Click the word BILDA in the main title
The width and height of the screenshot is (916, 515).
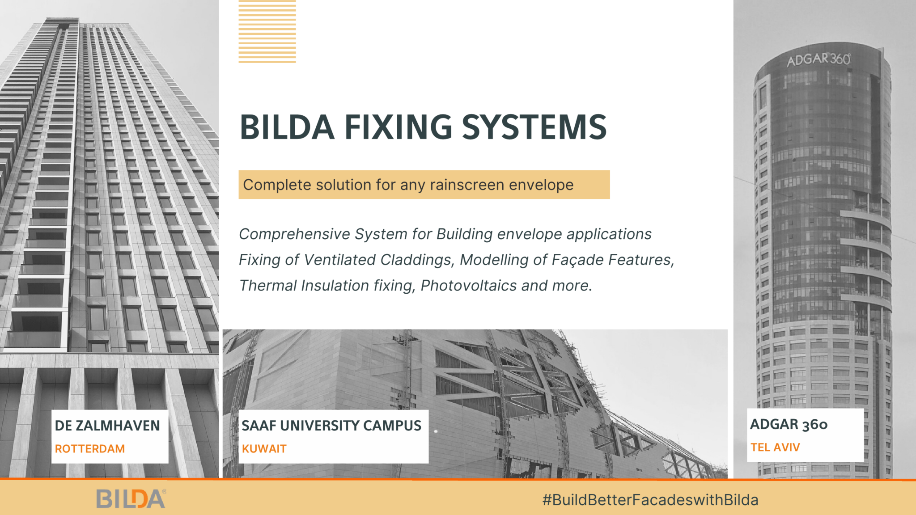[x=287, y=127]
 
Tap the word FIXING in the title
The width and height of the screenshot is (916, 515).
[x=398, y=127]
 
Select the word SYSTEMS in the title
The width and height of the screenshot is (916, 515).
[x=534, y=127]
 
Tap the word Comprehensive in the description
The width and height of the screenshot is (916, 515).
[x=294, y=234]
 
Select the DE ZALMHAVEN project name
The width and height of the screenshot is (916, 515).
[x=107, y=426]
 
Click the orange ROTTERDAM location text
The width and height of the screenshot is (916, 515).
[x=89, y=449]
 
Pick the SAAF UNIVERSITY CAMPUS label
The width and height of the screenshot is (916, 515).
[x=331, y=426]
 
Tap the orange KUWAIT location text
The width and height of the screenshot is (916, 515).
[x=264, y=449]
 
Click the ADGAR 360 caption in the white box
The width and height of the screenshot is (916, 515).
[x=789, y=424]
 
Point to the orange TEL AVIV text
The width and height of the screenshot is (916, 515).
[x=775, y=447]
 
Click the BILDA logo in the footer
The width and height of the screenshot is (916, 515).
[x=131, y=499]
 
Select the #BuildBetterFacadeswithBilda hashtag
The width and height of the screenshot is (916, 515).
[x=650, y=500]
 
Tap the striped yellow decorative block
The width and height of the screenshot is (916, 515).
[x=267, y=31]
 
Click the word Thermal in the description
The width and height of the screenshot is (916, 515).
[x=268, y=286]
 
